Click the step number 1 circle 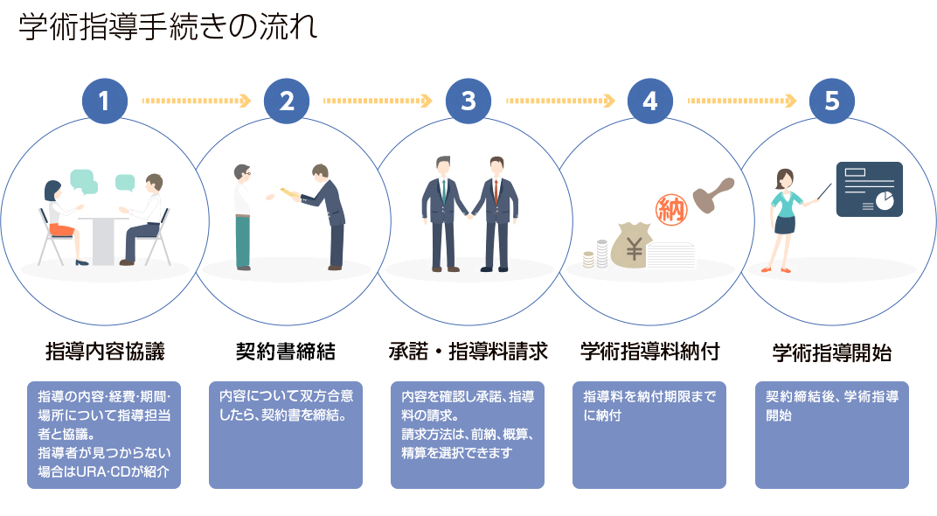point(105,101)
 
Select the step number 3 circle point(468,101)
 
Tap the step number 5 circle point(831,101)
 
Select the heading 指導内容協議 point(105,352)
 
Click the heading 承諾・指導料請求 point(468,352)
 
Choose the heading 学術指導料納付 point(649,352)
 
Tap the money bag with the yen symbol point(635,245)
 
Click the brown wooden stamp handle point(711,189)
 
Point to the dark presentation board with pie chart point(869,189)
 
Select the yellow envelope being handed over point(288,192)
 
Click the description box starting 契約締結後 point(831,435)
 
